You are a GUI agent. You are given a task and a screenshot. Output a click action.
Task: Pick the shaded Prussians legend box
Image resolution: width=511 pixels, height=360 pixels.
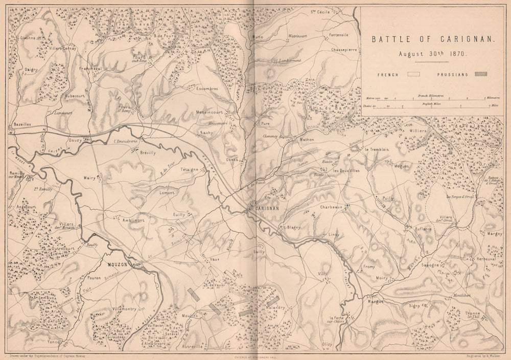coord(481,74)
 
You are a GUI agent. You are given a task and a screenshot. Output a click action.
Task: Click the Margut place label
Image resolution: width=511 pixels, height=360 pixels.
coord(375,301)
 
